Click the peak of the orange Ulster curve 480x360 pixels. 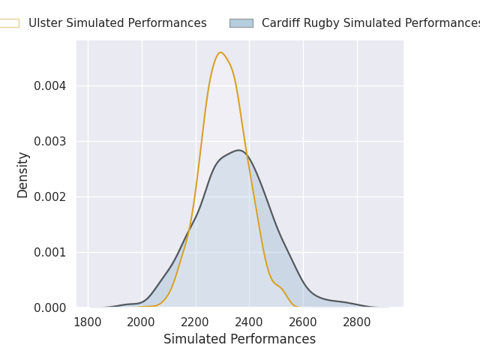tap(220, 52)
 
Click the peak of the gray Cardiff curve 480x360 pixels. tap(238, 150)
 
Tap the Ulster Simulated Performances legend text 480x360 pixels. tap(118, 23)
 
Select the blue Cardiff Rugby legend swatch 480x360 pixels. tap(241, 23)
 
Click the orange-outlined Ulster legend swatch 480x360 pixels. tap(9, 23)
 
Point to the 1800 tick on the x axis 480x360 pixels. tap(88, 322)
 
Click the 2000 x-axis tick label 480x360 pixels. tap(141, 322)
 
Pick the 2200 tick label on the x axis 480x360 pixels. tap(195, 322)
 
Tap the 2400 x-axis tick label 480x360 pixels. tap(249, 322)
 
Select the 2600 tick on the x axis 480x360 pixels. tap(303, 322)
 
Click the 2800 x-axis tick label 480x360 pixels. tap(357, 322)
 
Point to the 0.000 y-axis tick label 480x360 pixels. tap(50, 308)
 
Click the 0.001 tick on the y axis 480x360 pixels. tap(50, 253)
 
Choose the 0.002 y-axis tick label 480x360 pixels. tap(50, 196)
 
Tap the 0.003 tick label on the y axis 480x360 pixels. tap(50, 142)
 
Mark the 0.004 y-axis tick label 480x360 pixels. tap(50, 86)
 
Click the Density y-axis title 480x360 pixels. tap(22, 175)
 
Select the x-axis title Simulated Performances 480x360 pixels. tap(240, 339)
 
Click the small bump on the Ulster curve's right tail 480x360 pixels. tap(278, 286)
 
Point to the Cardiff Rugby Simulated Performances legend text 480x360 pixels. tap(370, 23)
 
